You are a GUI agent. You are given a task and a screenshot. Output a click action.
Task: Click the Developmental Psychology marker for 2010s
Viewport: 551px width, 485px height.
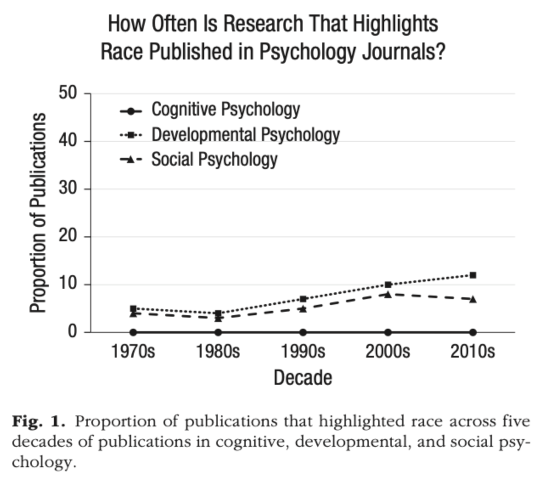[x=472, y=275]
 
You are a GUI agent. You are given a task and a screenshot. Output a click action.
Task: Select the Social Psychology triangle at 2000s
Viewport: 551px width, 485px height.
[x=388, y=294]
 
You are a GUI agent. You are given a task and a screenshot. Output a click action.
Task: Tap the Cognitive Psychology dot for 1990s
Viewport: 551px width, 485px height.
[x=303, y=332]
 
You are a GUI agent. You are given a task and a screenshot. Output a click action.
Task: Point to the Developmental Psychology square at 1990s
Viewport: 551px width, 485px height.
[x=303, y=299]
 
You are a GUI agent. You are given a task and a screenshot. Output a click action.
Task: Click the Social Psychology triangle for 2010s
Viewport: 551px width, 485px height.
[x=472, y=299]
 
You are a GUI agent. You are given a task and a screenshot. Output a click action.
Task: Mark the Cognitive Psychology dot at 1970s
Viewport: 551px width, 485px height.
[x=133, y=332]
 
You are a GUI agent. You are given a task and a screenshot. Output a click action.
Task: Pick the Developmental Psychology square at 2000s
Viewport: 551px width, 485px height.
[x=388, y=285]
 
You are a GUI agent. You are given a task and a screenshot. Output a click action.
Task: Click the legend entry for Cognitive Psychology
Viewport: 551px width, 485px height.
[x=225, y=110]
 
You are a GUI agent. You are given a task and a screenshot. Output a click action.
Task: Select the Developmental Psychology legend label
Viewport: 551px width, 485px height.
[x=245, y=135]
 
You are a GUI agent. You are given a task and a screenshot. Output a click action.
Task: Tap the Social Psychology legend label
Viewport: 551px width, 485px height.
[x=214, y=160]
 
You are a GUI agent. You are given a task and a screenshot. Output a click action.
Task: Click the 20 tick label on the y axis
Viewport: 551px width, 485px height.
[x=68, y=236]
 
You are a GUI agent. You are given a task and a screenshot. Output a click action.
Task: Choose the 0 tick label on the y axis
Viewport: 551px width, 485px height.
[x=73, y=331]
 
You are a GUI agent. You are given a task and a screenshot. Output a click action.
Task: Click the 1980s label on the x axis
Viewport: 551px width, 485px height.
[x=218, y=352]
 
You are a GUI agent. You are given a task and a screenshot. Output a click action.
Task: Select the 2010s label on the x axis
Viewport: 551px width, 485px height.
[x=472, y=352]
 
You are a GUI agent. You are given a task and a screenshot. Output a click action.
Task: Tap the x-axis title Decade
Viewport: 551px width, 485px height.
[x=303, y=378]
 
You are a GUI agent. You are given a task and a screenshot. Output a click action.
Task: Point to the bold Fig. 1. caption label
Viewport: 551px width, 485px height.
[x=38, y=421]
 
